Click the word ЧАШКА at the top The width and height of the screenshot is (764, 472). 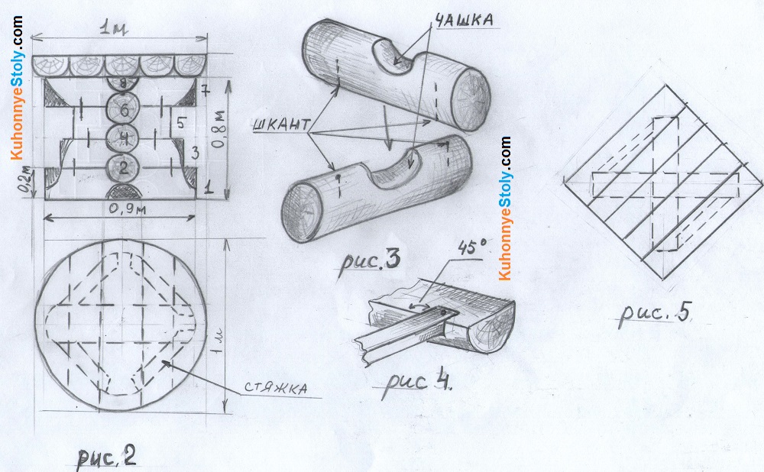[x=464, y=20]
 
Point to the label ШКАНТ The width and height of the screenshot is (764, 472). [x=281, y=124]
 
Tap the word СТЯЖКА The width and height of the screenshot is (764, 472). [x=276, y=388]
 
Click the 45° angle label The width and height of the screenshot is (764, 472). [x=471, y=248]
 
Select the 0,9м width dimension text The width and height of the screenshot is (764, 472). [x=127, y=209]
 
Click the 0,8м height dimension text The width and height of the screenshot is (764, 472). [x=220, y=128]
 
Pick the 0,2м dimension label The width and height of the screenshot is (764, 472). [x=28, y=180]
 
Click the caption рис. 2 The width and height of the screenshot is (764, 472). [x=107, y=457]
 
